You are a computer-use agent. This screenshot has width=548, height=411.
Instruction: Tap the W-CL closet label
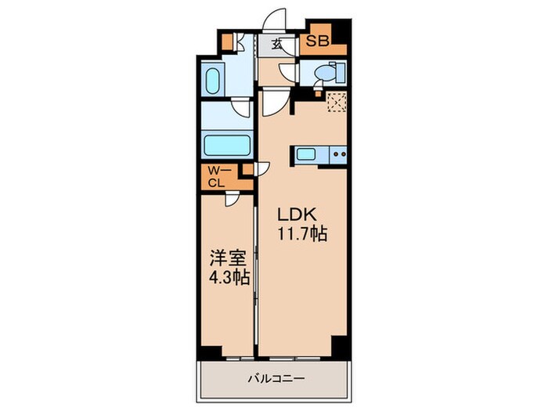[216, 177]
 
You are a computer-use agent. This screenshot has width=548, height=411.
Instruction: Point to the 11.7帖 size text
[301, 233]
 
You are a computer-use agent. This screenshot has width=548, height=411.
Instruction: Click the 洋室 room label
[223, 257]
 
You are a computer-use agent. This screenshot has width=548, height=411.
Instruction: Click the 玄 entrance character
[278, 45]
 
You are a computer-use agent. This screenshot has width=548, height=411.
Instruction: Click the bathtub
[227, 146]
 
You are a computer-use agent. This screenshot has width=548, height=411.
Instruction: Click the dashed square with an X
[337, 103]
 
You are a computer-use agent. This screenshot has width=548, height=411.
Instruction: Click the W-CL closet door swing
[233, 200]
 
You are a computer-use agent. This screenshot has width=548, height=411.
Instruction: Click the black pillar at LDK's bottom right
[339, 344]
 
